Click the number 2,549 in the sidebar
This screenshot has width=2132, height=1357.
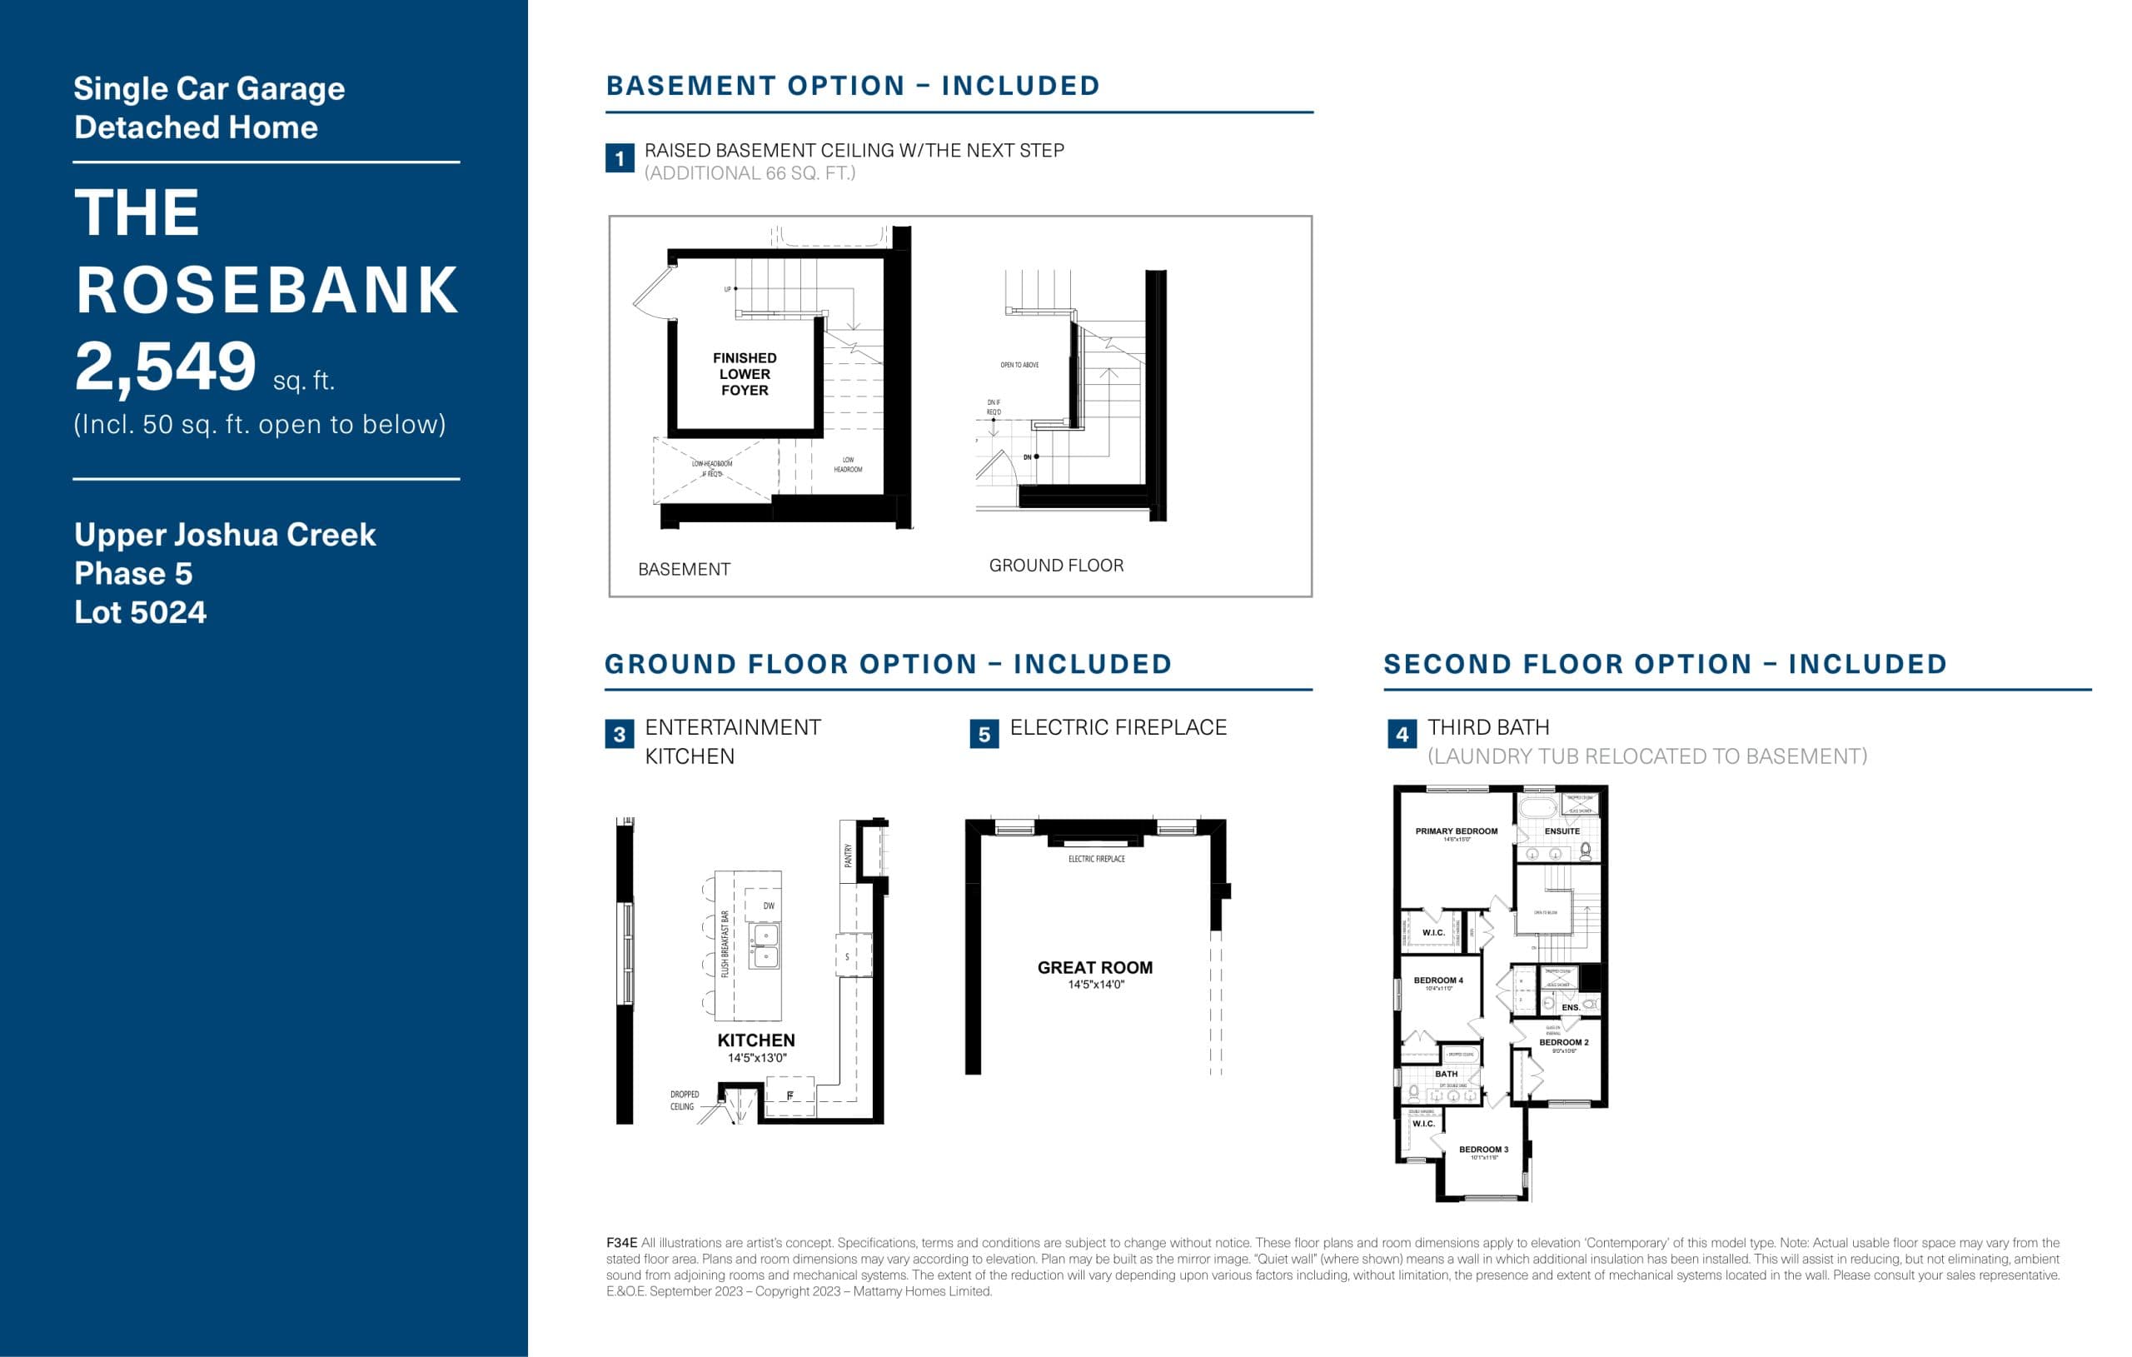(166, 367)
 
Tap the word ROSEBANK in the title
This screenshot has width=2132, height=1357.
(266, 291)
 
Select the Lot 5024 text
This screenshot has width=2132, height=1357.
(140, 612)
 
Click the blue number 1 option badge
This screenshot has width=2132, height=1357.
(620, 158)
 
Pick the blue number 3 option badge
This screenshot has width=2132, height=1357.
(620, 733)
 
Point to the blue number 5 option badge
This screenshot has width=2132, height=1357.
(984, 733)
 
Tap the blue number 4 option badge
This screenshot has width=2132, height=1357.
(1402, 733)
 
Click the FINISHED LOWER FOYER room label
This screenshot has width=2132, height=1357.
(745, 374)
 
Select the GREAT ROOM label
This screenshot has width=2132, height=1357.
(1095, 968)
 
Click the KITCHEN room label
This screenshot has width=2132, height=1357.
(756, 1040)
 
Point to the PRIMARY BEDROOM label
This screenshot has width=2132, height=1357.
(1457, 831)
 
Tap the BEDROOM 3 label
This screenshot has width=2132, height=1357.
(1484, 1150)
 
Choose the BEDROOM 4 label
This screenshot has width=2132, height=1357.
(1439, 980)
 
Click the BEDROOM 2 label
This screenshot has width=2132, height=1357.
(1563, 1043)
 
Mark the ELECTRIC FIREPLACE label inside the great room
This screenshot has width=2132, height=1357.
(1096, 859)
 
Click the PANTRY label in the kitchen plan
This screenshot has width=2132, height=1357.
(848, 855)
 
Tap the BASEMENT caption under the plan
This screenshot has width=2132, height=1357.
(685, 570)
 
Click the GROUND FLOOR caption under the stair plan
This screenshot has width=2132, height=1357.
(1056, 565)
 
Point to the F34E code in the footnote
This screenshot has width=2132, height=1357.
(621, 1243)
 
